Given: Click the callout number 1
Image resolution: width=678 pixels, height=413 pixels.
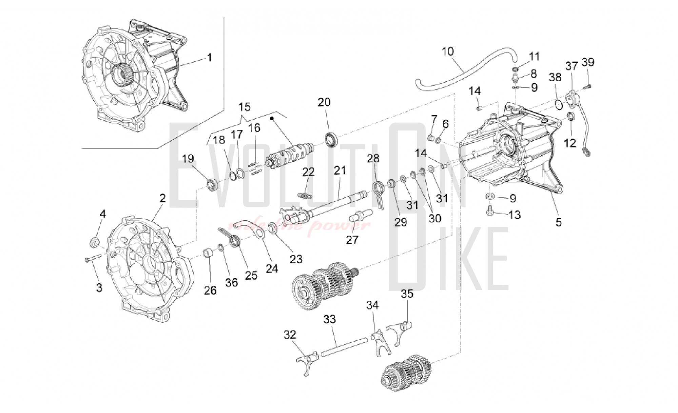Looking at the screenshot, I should (210, 58).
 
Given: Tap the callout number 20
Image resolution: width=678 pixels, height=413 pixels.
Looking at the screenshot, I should (324, 102).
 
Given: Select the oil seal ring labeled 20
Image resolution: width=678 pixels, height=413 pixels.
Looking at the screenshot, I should (331, 139).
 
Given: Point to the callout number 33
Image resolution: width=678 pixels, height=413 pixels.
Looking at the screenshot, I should (330, 319).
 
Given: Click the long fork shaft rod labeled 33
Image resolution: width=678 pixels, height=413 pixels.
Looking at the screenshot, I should (344, 347).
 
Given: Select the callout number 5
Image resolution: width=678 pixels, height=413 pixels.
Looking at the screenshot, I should (558, 222).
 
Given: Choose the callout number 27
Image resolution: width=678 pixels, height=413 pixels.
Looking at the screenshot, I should (352, 240).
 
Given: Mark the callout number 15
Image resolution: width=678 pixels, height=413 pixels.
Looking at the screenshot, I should (244, 107).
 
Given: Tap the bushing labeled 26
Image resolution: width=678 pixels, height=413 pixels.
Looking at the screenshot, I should (209, 263).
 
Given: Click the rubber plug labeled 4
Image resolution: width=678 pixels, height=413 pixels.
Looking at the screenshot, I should (94, 242).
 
